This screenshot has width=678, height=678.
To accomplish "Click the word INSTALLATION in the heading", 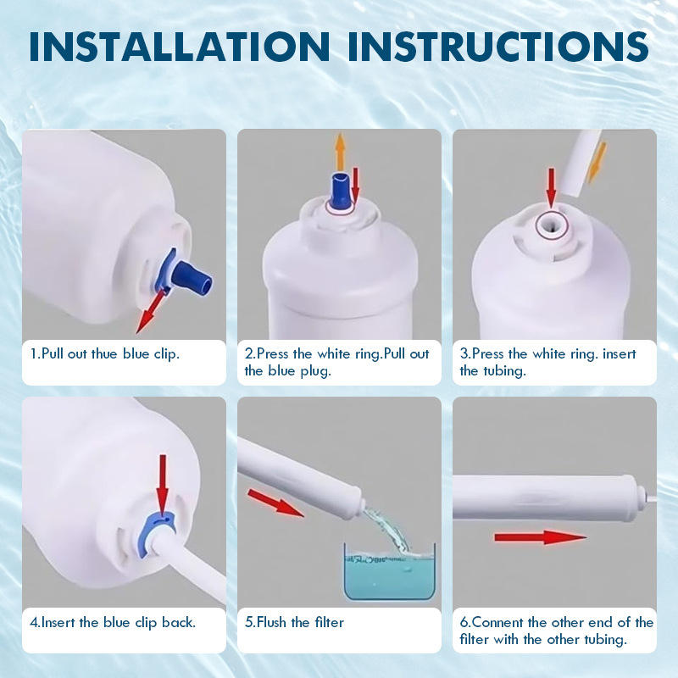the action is click(x=180, y=46).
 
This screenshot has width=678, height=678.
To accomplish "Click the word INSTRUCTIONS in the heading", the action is click(x=498, y=46).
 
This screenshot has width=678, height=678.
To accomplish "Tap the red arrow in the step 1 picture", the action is click(x=151, y=311).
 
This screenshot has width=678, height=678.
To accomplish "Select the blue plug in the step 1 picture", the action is click(x=192, y=277).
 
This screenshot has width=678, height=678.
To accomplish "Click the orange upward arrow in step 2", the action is click(x=341, y=152).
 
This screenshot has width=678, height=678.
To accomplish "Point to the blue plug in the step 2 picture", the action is click(x=340, y=190).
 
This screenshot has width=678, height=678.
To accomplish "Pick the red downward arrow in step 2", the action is click(x=355, y=184).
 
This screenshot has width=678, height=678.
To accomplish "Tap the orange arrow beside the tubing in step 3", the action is click(x=597, y=162).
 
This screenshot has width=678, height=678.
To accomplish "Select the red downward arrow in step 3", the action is click(x=551, y=187).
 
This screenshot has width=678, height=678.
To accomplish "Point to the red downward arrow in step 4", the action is click(x=163, y=483).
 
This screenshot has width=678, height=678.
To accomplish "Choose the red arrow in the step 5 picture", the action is click(x=275, y=503).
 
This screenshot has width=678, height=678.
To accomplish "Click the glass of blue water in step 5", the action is click(x=389, y=571).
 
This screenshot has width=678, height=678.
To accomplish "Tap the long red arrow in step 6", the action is click(x=541, y=537).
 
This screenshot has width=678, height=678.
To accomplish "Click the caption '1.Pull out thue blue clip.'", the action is click(x=104, y=353).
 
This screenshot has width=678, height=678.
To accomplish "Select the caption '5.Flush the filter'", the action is click(x=294, y=622).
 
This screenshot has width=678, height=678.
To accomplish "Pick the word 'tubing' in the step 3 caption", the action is click(x=504, y=371).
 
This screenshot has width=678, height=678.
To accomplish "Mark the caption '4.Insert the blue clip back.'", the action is click(x=113, y=622).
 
